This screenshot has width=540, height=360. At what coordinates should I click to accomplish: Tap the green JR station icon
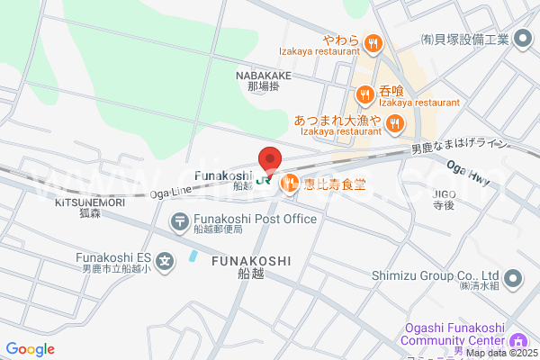click(x=265, y=178)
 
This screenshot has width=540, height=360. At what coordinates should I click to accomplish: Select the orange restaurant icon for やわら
click(x=373, y=41)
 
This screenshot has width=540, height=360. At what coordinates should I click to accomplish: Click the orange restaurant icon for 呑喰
click(x=364, y=93)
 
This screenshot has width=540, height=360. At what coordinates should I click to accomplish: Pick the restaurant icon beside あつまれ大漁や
click(x=395, y=121)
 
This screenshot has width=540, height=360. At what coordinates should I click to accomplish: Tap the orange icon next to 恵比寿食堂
click(x=290, y=184)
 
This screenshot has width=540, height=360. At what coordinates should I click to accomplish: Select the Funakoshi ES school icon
click(x=165, y=262)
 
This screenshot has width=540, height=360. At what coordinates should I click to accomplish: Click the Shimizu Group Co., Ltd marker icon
click(x=512, y=277)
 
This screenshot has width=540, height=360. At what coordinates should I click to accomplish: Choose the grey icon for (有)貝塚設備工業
click(x=525, y=40)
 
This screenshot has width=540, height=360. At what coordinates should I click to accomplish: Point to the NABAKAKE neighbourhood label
click(x=264, y=76)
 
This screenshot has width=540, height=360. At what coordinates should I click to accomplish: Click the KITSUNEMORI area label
click(x=89, y=202)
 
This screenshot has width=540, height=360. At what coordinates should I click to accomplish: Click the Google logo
click(x=30, y=349)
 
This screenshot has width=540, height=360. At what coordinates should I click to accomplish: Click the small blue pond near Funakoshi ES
click(x=193, y=256)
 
